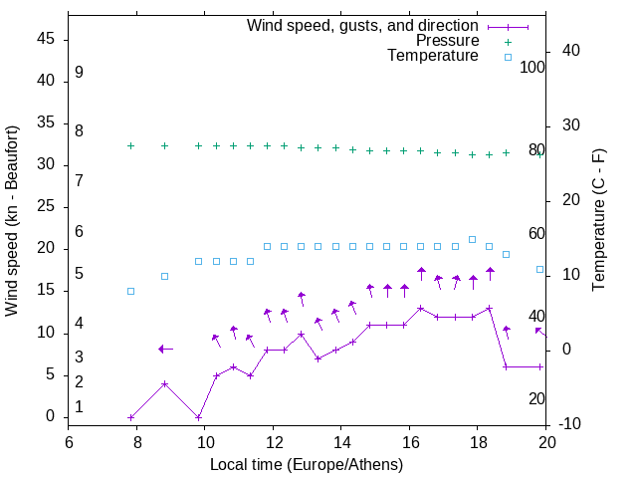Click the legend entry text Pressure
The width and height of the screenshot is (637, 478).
(446, 41)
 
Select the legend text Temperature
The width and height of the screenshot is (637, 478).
(433, 56)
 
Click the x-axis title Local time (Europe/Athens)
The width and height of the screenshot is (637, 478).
(307, 464)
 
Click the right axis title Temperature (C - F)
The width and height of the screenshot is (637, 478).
(599, 220)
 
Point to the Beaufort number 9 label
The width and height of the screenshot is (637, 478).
(79, 73)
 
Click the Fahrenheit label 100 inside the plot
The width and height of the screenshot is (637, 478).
(533, 68)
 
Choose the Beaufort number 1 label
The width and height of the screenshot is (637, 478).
(79, 407)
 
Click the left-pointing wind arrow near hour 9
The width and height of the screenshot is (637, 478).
(165, 349)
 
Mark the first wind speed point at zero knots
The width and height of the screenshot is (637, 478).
(130, 417)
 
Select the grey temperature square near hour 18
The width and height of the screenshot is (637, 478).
(472, 239)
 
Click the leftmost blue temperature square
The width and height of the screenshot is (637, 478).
(130, 291)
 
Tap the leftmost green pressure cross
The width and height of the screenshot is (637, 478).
(130, 145)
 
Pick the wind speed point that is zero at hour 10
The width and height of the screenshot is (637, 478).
(198, 417)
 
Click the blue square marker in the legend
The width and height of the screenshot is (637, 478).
(508, 57)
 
